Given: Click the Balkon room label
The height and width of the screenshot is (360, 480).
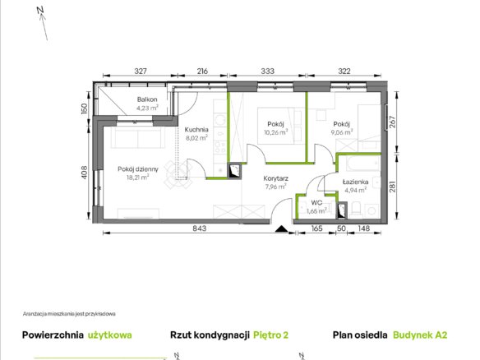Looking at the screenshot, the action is [147, 99].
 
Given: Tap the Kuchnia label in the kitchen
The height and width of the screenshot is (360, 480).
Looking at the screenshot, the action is [196, 130].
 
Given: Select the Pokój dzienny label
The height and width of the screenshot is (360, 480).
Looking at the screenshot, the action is [138, 169].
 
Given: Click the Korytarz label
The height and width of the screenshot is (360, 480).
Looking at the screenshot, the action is [276, 178].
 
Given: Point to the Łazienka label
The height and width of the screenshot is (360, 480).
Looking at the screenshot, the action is [355, 182].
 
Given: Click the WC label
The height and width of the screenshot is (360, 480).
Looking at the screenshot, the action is [316, 203].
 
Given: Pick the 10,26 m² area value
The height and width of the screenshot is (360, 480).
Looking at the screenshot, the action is [276, 132].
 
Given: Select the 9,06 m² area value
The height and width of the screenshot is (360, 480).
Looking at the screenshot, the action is [342, 132].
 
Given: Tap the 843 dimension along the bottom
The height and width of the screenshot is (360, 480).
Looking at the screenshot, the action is [200, 228].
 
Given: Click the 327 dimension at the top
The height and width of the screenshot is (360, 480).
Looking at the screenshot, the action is [141, 71].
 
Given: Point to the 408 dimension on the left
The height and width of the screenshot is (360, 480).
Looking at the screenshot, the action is [85, 173].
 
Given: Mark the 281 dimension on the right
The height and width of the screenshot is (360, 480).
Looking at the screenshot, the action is [392, 187].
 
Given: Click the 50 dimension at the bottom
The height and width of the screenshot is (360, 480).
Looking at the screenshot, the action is [341, 228].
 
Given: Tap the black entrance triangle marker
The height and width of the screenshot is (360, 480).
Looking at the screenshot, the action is [281, 228].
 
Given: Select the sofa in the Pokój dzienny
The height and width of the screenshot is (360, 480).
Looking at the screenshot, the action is [137, 137].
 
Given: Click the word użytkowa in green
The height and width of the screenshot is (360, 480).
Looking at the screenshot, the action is [110, 335].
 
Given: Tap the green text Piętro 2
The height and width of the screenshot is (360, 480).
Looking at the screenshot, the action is [271, 335].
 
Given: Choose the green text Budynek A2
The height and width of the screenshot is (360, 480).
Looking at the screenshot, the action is [420, 335].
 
